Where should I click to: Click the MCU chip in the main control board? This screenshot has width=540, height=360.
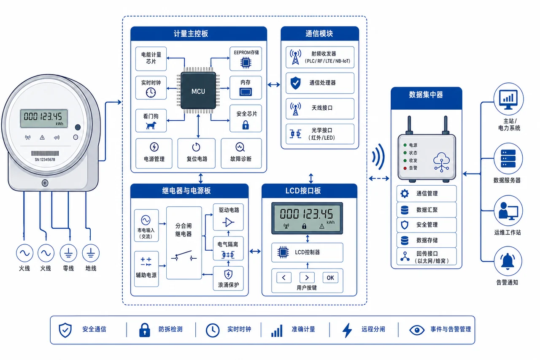198,91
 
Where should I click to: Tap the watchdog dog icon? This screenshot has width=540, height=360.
151,125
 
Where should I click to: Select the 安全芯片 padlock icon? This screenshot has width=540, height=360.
246,125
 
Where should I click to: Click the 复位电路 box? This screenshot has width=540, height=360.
197,153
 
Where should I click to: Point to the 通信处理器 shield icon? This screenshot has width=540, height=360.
295,83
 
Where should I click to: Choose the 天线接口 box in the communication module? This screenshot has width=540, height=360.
320,108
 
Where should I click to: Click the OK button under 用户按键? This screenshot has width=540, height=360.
330,278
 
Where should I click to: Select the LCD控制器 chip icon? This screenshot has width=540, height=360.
283,252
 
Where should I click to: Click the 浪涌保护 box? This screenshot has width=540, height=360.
228,278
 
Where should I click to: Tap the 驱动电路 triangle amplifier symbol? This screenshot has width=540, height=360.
228,222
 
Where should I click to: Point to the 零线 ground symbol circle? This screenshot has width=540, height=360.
68,253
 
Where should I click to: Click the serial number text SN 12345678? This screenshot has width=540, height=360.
45,160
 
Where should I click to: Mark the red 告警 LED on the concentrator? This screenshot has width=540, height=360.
405,168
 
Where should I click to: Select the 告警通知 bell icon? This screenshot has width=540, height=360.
508,261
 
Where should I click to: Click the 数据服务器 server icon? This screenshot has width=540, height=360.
508,158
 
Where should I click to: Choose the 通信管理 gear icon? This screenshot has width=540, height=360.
405,193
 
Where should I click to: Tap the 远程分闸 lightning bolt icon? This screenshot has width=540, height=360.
347,330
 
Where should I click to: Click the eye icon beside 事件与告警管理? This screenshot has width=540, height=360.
417,330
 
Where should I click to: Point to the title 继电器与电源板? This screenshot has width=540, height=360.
186,191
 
